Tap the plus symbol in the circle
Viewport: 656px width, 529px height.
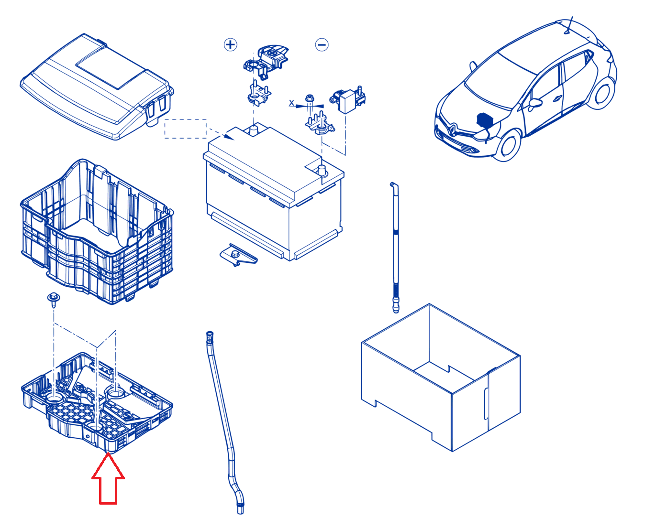point(230,45)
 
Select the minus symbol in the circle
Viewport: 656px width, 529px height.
point(322,45)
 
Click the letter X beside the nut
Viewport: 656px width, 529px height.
point(292,103)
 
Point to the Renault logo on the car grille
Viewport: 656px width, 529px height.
point(452,129)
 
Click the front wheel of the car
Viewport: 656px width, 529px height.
point(508,146)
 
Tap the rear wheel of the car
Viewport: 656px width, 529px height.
point(601,94)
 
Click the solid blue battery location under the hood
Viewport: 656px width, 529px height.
point(484,120)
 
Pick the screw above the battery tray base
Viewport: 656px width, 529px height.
point(54,300)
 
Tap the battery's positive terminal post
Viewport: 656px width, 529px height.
point(254,130)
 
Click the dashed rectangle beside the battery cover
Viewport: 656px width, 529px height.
point(185,129)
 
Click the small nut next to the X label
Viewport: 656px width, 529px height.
point(310,99)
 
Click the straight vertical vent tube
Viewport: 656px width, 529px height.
point(395,248)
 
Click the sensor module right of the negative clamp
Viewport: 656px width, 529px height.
point(348,99)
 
